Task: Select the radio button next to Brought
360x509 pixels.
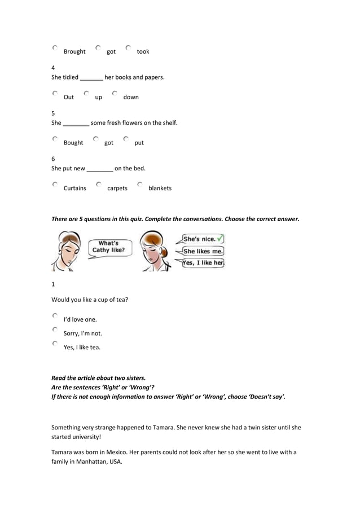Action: (x=55, y=49)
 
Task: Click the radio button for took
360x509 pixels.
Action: (x=129, y=49)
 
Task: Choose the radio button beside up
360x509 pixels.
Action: (x=86, y=94)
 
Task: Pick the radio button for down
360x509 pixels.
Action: (x=115, y=94)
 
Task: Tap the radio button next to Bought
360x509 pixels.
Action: (x=55, y=139)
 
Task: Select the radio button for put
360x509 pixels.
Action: (x=126, y=139)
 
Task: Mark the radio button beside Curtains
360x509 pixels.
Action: (x=55, y=185)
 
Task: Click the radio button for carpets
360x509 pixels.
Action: (x=99, y=185)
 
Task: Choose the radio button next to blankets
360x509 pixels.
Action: (x=139, y=185)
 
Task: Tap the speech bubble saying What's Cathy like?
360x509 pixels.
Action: (x=109, y=247)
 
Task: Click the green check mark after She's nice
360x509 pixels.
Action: (x=220, y=238)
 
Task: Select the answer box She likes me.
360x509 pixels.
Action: (x=203, y=251)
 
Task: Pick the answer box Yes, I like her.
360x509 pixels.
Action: (x=203, y=262)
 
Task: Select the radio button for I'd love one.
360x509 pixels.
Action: (x=55, y=316)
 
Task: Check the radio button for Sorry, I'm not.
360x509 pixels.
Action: (x=55, y=330)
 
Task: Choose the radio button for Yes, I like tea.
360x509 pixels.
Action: (x=55, y=344)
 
